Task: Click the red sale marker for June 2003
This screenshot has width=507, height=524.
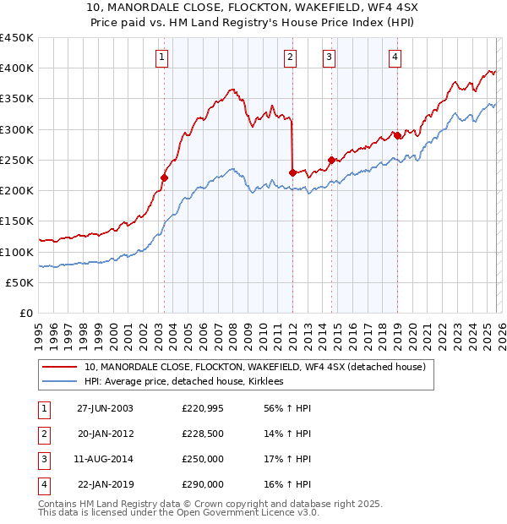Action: click(165, 177)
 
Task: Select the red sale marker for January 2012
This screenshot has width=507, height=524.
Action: click(292, 172)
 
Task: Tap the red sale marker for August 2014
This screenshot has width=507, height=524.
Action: click(331, 160)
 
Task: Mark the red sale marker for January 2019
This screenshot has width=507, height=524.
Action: click(397, 135)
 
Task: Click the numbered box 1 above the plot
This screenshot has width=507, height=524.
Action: click(161, 57)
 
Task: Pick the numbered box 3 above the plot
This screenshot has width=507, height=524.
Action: click(329, 57)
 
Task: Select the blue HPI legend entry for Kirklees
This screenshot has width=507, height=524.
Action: click(187, 382)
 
